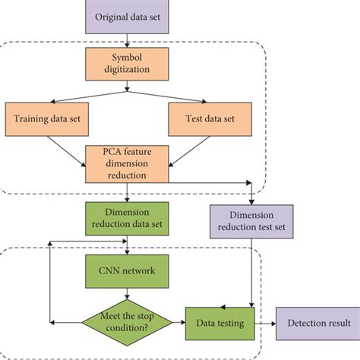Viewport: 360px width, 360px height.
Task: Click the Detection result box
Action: pyautogui.click(x=313, y=323)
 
